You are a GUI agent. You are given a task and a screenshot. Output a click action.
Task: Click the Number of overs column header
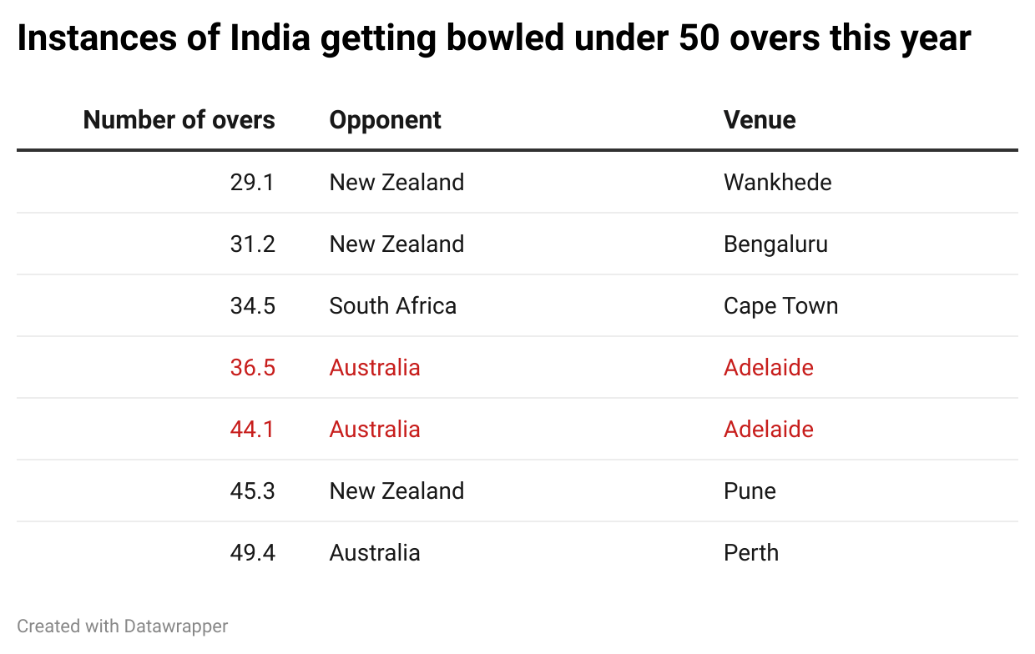click(179, 120)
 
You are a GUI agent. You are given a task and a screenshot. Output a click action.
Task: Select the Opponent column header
click(385, 120)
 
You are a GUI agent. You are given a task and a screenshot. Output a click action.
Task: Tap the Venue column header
click(760, 120)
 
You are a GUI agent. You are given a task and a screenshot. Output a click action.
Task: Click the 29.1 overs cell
click(252, 182)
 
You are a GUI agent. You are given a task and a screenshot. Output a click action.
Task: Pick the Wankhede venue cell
click(777, 182)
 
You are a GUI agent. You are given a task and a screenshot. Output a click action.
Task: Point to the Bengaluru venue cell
click(775, 244)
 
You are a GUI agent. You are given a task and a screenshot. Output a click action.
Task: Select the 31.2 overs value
click(252, 244)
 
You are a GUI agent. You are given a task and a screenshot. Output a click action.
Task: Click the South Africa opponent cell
click(392, 305)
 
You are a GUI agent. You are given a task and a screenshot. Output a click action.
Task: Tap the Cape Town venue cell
click(780, 305)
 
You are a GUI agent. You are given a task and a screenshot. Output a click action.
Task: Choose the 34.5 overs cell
click(252, 305)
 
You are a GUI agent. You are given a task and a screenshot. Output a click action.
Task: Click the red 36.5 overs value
click(252, 367)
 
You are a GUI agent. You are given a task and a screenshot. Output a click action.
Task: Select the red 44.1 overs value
click(252, 429)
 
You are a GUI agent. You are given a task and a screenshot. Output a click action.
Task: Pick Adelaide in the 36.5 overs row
click(768, 367)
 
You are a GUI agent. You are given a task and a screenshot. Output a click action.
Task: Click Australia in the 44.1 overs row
click(374, 429)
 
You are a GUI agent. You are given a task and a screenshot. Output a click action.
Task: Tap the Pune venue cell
click(750, 490)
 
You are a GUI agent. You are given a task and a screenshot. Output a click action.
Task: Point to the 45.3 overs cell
click(252, 490)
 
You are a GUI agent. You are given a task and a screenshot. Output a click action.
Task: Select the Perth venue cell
click(750, 552)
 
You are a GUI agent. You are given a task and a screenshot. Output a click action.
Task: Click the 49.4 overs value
click(252, 552)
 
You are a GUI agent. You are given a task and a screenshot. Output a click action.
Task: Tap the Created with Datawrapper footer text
click(122, 626)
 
